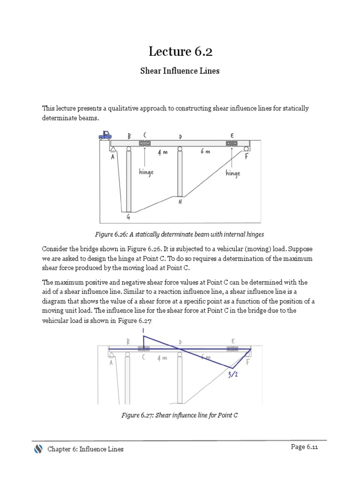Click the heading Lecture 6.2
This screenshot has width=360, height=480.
point(180,52)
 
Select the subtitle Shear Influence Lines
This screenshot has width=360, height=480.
point(180,71)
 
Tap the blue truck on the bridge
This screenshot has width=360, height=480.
point(105,135)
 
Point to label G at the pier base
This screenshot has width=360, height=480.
point(128,217)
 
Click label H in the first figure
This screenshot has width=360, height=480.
point(180,202)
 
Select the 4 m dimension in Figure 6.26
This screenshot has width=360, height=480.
point(163,153)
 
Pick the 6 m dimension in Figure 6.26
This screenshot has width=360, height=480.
point(205,153)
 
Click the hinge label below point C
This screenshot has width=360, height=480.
point(146,172)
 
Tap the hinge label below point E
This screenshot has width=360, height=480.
point(232,173)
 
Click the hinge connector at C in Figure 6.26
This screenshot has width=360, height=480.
point(144,143)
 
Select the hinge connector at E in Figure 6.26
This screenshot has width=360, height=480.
point(232,143)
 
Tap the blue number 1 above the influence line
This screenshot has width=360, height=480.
point(143,330)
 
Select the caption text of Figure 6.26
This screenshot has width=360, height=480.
point(180,233)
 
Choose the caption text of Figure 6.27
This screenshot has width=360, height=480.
point(180,415)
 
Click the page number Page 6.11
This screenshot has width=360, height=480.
point(304,447)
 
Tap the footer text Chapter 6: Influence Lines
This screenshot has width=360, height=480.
point(85,449)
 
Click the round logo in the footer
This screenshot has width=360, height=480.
point(38,449)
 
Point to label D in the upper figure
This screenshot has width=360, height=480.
point(180,137)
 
